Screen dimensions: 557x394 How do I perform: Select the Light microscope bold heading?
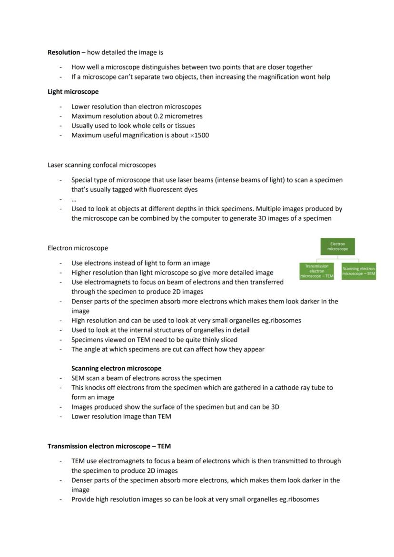[x=73, y=91]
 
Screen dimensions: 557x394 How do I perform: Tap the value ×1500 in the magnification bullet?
[x=199, y=135]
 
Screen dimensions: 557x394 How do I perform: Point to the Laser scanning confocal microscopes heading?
[x=101, y=165]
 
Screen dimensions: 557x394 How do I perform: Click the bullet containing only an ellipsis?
[x=74, y=199]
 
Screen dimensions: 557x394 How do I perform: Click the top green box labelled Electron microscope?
[x=337, y=246]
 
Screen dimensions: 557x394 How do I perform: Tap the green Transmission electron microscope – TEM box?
[x=316, y=271]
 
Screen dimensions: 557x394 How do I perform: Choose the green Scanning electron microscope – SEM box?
[x=358, y=271]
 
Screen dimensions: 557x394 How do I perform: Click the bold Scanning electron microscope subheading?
[x=116, y=368]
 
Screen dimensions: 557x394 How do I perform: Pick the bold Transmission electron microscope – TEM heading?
[x=109, y=446]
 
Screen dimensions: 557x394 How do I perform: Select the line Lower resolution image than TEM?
[x=121, y=416]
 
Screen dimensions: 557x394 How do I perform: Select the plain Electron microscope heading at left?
[x=78, y=248]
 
